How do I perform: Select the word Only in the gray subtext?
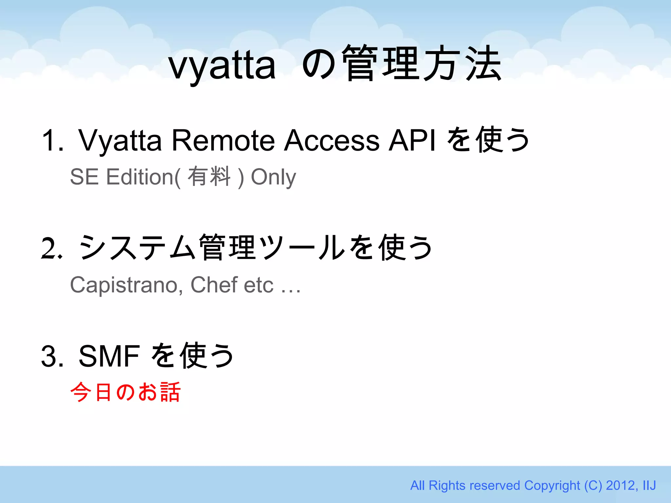273,177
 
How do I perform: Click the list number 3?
52,356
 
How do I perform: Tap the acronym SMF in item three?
109,356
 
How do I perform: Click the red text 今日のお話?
125,392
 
